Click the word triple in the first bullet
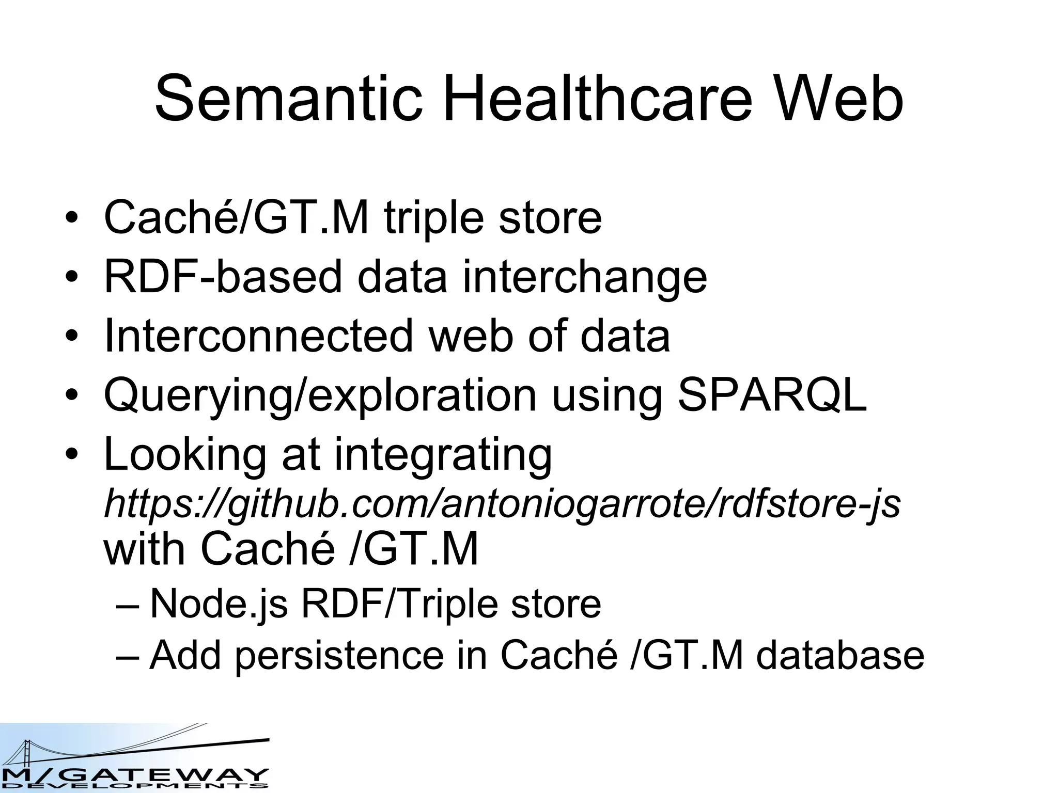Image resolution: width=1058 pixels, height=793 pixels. tap(434, 218)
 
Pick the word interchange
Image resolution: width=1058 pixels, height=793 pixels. tap(584, 277)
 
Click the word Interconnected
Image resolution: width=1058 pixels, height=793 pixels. tap(258, 336)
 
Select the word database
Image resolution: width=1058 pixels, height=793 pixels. tap(840, 656)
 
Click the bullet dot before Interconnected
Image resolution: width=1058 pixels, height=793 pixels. tap(72, 337)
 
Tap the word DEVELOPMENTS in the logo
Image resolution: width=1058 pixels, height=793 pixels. tap(134, 786)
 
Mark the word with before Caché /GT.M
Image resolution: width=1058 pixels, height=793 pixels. tap(144, 549)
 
